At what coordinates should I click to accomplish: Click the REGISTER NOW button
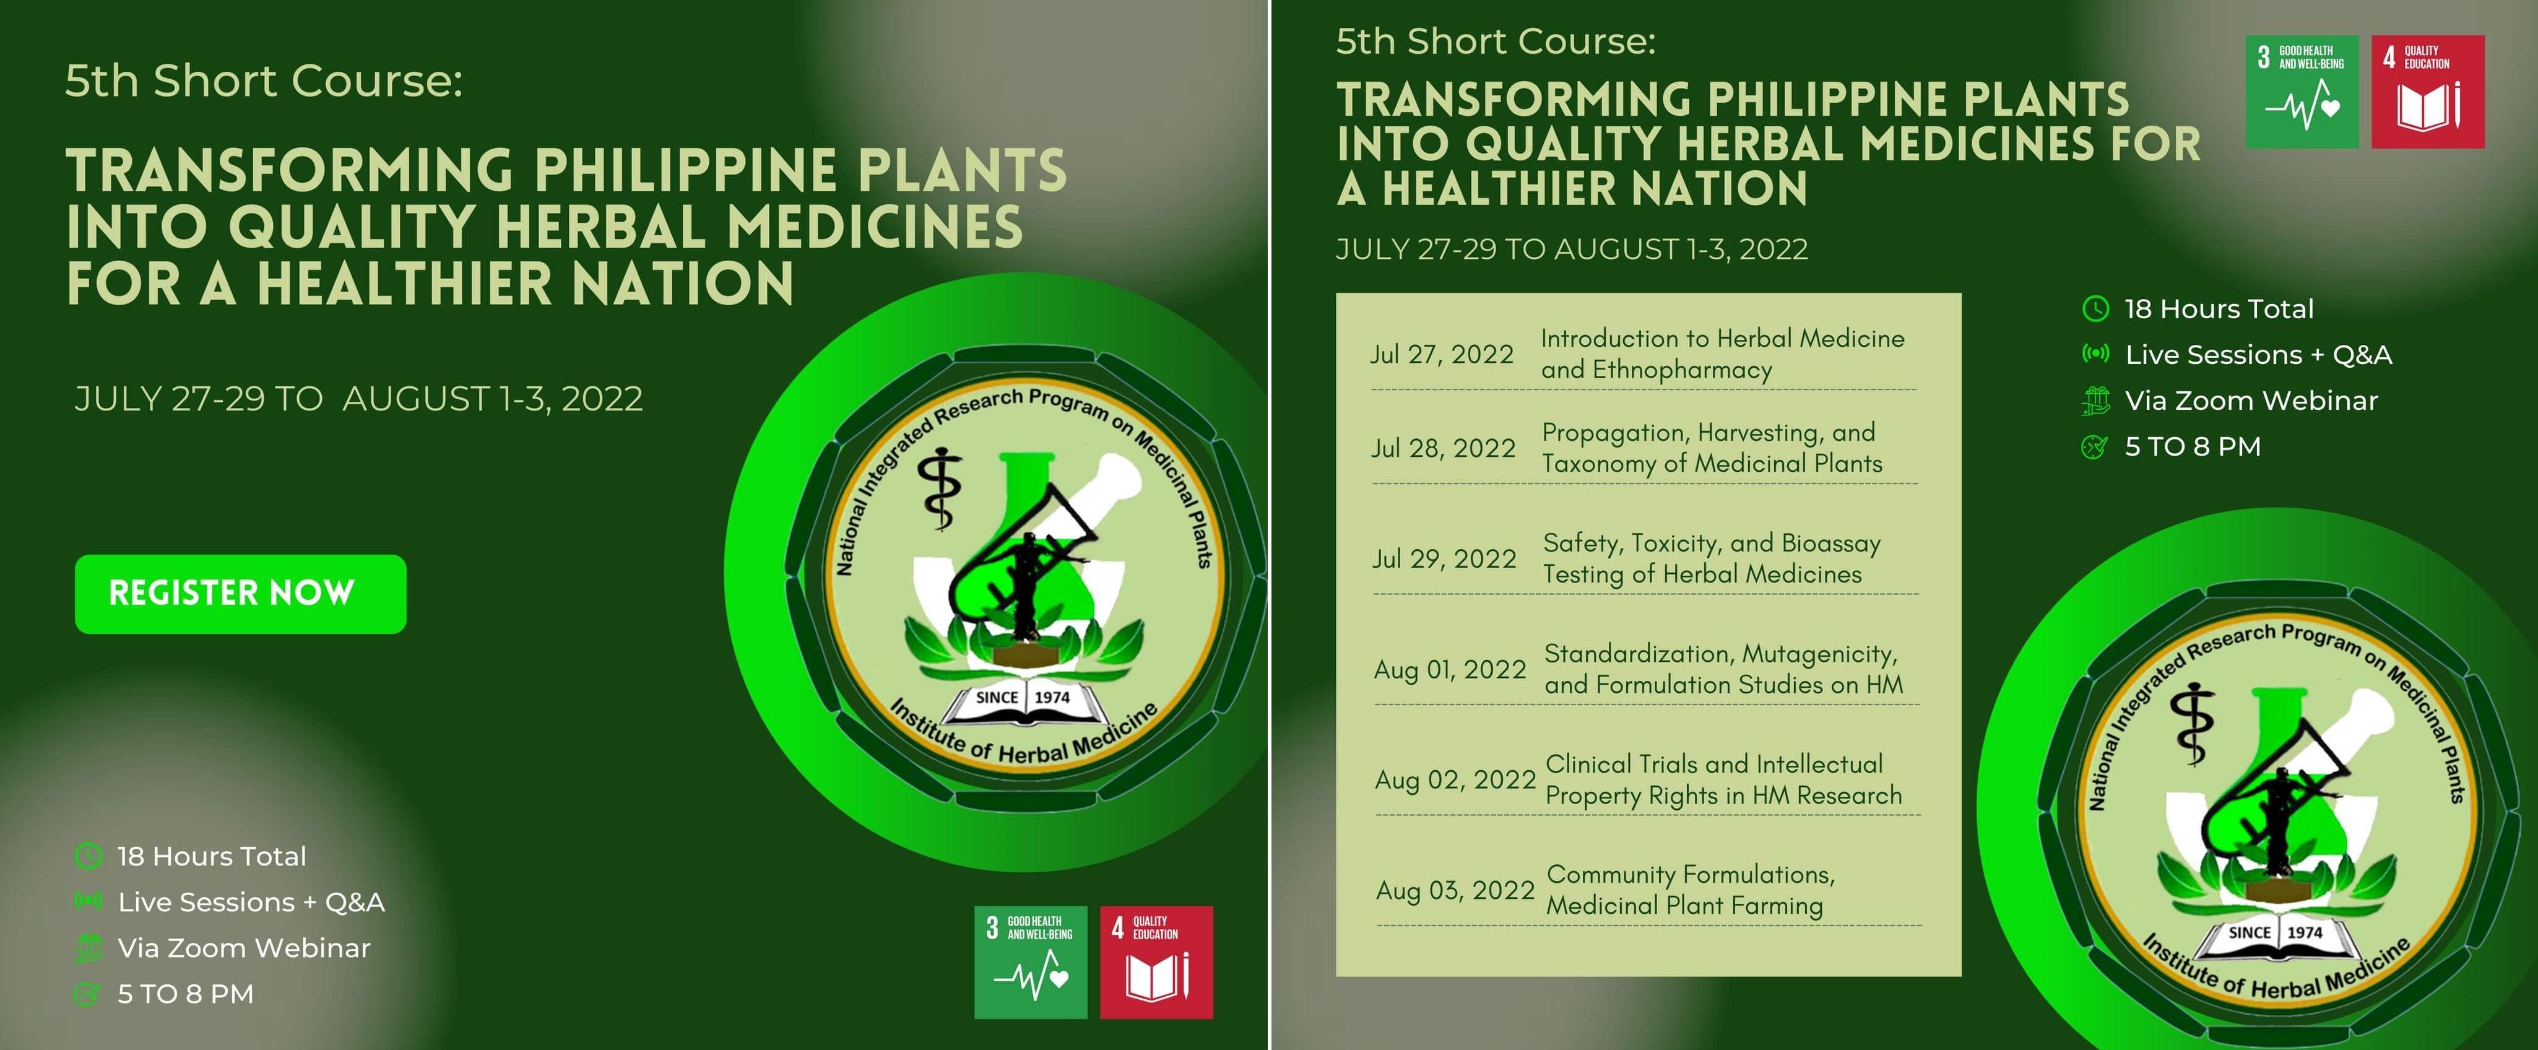(240, 594)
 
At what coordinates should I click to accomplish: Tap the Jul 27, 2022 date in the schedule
(1442, 355)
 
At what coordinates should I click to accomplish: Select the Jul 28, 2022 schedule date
(1444, 449)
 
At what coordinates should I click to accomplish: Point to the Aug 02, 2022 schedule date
(1456, 780)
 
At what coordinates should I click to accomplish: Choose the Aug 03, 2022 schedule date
(1456, 890)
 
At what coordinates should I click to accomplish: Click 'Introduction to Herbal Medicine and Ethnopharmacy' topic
(1722, 354)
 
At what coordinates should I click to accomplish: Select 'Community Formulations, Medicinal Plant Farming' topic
(1691, 890)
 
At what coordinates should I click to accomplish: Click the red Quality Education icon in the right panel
(2428, 92)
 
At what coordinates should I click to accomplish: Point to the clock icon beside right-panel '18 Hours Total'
(2095, 308)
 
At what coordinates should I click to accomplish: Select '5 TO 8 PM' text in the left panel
(185, 994)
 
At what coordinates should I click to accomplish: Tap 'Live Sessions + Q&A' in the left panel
(251, 902)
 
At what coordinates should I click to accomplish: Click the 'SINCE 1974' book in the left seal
(1024, 701)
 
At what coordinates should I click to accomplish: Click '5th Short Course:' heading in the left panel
(264, 80)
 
